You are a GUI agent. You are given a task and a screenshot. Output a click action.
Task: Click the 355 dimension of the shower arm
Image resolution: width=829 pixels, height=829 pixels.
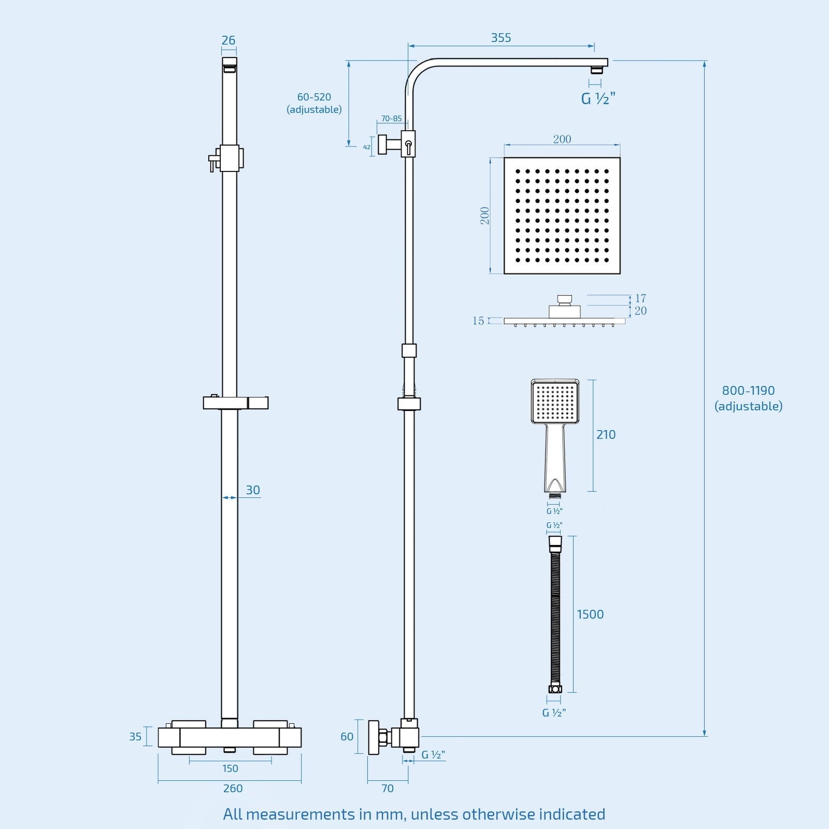(x=501, y=38)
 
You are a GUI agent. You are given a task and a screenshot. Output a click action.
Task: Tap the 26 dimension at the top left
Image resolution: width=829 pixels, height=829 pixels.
(x=228, y=40)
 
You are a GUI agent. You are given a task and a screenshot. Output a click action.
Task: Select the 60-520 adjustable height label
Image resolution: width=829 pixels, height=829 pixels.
(x=314, y=103)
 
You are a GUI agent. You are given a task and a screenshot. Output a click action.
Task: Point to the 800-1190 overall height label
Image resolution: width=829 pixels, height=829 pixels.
(x=748, y=398)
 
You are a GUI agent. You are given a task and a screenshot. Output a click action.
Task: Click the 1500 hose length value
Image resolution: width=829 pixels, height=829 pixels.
(x=590, y=614)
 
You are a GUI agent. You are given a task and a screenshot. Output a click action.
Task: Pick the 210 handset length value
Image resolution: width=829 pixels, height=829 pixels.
(x=606, y=435)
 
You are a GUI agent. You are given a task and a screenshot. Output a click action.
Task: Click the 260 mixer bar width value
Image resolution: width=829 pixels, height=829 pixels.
(x=233, y=788)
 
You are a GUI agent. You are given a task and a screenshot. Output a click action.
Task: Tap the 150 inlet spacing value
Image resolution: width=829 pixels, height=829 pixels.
(x=230, y=768)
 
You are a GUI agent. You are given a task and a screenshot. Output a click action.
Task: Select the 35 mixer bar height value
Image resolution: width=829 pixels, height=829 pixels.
(x=135, y=736)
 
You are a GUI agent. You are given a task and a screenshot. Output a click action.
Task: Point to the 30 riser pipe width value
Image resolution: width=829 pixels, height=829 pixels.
(x=253, y=490)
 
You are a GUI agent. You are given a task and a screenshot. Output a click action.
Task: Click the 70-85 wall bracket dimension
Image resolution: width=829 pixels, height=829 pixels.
(x=391, y=119)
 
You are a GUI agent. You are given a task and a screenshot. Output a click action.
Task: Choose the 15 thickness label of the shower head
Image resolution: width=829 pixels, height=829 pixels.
(x=478, y=321)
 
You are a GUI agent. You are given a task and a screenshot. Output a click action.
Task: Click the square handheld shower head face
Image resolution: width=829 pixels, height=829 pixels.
(x=555, y=402)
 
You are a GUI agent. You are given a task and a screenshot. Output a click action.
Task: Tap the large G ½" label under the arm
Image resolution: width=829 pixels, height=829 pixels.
(x=598, y=98)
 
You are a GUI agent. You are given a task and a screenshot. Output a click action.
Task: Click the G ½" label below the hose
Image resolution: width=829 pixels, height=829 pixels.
(x=554, y=713)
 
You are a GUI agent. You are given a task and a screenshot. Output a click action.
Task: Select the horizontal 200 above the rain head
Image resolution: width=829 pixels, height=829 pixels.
(x=562, y=139)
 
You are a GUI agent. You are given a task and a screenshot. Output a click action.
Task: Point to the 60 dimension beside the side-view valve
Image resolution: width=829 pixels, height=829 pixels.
(x=347, y=736)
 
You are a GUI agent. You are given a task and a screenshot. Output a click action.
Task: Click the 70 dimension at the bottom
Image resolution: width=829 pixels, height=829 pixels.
(x=388, y=788)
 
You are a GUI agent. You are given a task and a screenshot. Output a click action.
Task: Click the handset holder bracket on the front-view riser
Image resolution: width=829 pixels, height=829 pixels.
(x=235, y=403)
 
